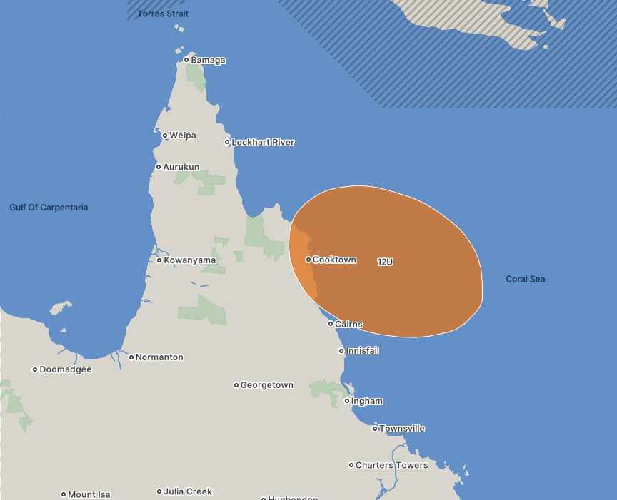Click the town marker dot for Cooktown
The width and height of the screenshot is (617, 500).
click(x=308, y=260)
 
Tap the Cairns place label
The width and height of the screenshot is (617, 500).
click(x=348, y=324)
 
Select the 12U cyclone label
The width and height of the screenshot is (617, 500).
click(x=385, y=262)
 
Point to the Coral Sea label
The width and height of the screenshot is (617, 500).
click(x=525, y=279)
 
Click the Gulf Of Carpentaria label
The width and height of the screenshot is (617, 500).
click(x=49, y=208)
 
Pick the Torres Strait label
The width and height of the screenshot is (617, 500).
click(x=163, y=14)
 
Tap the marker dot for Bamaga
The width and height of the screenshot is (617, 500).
click(x=186, y=60)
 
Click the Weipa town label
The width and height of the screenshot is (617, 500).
click(x=182, y=136)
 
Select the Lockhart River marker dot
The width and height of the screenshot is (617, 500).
click(x=228, y=142)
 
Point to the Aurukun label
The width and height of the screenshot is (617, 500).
click(x=181, y=167)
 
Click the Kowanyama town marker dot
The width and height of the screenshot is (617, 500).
click(x=159, y=260)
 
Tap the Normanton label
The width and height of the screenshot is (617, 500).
click(x=159, y=357)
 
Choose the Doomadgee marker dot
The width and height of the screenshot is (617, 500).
click(x=35, y=369)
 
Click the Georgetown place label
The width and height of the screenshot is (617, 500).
click(x=266, y=385)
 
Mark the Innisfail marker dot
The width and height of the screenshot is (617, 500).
click(x=341, y=351)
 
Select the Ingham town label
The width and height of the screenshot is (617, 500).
click(x=366, y=402)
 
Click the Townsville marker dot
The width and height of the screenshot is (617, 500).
click(x=375, y=429)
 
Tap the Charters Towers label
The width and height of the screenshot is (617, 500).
click(x=391, y=465)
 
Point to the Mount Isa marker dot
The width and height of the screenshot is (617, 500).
click(x=64, y=494)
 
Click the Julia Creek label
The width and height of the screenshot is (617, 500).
click(x=188, y=491)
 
